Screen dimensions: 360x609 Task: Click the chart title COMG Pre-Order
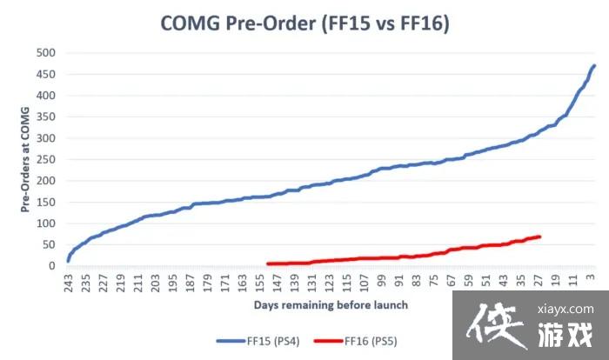pyautogui.click(x=304, y=24)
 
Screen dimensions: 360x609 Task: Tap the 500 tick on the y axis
pyautogui.click(x=44, y=52)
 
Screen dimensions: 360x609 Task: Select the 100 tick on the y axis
pyautogui.click(x=44, y=223)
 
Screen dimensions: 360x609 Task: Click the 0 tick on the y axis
pyautogui.click(x=51, y=266)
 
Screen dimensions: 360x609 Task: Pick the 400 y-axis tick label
pyautogui.click(x=44, y=96)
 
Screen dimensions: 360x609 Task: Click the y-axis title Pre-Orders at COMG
pyautogui.click(x=23, y=159)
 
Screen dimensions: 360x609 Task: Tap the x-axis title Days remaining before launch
pyautogui.click(x=331, y=305)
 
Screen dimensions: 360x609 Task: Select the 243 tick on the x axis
pyautogui.click(x=67, y=283)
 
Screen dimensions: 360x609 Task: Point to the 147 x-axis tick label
pyautogui.click(x=277, y=283)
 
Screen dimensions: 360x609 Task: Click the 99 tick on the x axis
pyautogui.click(x=381, y=283)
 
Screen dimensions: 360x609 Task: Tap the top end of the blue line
pyautogui.click(x=594, y=65)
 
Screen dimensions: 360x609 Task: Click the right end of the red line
pyautogui.click(x=540, y=237)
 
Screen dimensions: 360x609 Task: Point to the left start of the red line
pyautogui.click(x=268, y=263)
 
